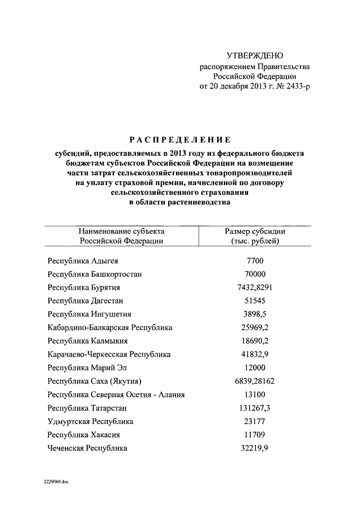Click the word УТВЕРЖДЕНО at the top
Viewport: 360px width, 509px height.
pyautogui.click(x=255, y=55)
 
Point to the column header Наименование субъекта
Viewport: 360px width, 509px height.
pyautogui.click(x=121, y=231)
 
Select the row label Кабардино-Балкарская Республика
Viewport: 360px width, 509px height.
pyautogui.click(x=110, y=327)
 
